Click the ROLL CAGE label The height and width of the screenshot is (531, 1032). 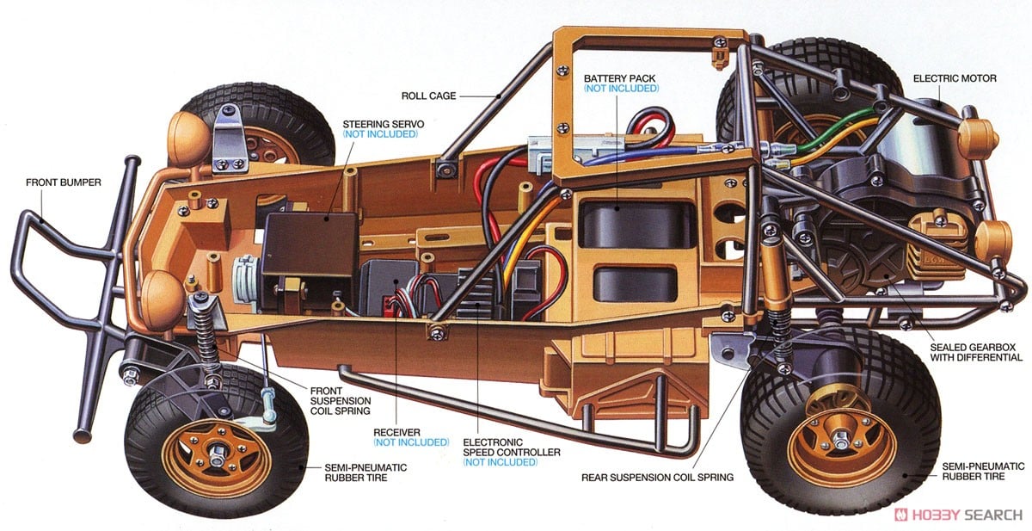(428, 96)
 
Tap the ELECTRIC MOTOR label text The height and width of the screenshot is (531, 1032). (955, 78)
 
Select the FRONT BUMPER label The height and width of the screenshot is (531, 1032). (64, 182)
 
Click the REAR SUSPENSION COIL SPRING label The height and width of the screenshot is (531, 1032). (658, 477)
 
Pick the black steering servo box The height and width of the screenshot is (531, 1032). (310, 243)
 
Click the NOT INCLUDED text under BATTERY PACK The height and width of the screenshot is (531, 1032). (621, 89)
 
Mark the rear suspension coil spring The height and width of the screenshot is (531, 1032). (780, 332)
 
